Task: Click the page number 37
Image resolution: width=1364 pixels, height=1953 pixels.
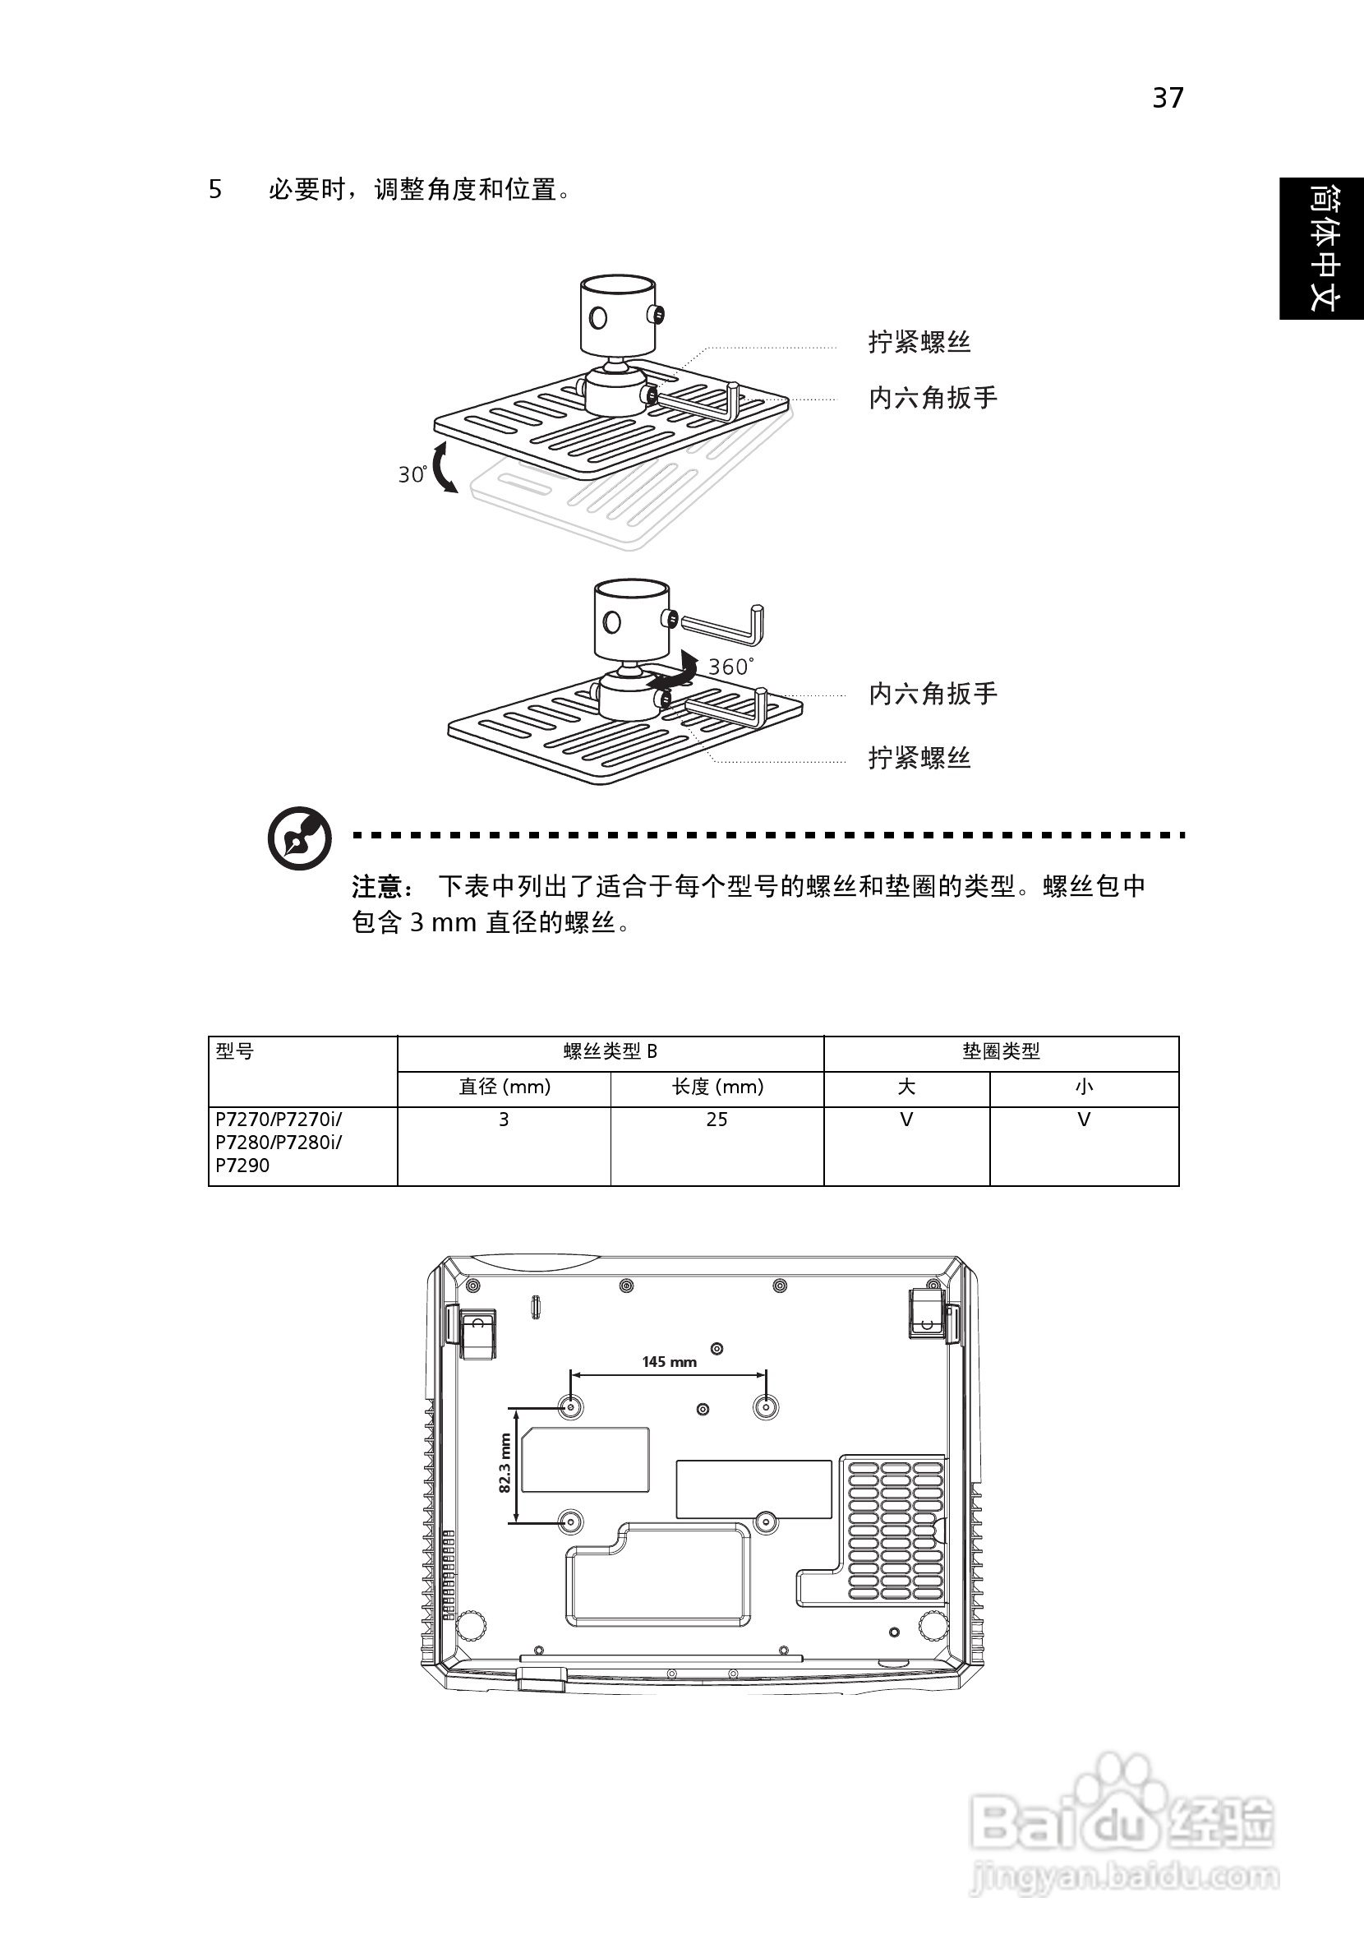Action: tap(1168, 98)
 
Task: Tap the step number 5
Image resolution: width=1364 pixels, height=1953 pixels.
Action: tap(215, 189)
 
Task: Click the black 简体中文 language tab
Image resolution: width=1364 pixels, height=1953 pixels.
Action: tap(1320, 248)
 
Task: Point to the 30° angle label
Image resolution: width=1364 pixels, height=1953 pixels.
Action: tap(412, 473)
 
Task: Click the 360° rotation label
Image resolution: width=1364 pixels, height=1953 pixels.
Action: tap(730, 666)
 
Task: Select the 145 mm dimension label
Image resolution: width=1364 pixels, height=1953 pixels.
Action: tap(669, 1362)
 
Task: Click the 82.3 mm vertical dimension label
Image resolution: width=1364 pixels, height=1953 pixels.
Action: tap(505, 1463)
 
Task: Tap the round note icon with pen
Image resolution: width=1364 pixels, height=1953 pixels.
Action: tap(299, 838)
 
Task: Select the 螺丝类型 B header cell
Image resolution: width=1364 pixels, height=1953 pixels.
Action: tap(610, 1052)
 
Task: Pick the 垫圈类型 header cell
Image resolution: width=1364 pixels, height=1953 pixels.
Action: tap(1001, 1052)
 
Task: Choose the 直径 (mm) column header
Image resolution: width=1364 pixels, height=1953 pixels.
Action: tap(505, 1087)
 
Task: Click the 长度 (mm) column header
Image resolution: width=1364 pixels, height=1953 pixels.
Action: tap(717, 1087)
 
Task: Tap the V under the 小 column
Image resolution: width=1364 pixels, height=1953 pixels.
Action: tap(1083, 1120)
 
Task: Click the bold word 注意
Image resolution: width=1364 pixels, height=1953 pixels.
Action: tap(376, 887)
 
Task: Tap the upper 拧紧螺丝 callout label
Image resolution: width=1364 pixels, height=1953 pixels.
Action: tap(919, 342)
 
